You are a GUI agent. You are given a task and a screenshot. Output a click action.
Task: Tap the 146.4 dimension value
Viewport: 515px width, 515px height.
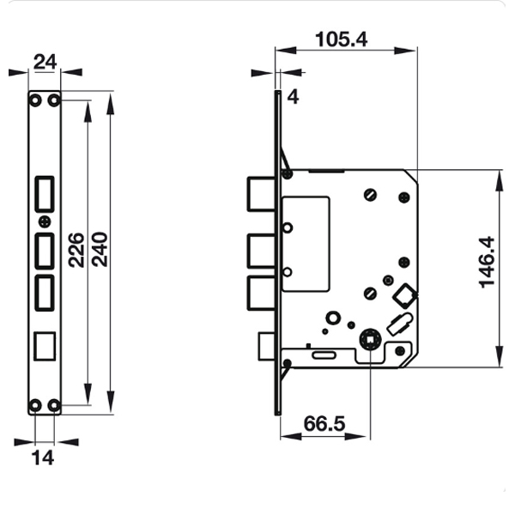click(x=487, y=262)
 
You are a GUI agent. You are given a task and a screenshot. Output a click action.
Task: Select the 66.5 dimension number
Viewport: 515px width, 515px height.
click(x=325, y=422)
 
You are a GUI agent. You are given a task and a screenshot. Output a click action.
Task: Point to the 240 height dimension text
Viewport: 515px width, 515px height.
click(x=100, y=250)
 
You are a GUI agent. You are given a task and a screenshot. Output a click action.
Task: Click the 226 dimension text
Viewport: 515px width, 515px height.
click(x=76, y=250)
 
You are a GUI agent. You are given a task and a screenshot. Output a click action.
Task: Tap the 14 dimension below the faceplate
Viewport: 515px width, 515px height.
click(x=43, y=457)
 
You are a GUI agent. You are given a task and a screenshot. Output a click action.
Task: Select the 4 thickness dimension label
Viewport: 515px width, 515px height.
click(x=293, y=96)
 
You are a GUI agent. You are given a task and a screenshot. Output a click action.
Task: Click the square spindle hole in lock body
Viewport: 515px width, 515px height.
click(x=369, y=341)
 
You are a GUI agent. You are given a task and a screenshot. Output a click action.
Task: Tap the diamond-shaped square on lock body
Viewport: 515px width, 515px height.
click(x=403, y=297)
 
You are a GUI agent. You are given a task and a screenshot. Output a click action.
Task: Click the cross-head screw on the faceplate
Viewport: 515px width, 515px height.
click(x=45, y=221)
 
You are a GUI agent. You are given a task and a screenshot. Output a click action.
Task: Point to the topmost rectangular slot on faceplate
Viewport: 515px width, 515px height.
click(x=45, y=192)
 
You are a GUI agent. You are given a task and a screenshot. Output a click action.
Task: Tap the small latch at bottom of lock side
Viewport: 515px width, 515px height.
click(x=266, y=347)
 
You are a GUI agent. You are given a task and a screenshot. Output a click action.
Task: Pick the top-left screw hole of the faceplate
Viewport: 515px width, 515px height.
click(x=35, y=101)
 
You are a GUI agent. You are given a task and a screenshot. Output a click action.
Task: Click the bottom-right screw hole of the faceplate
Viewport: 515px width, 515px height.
click(x=54, y=404)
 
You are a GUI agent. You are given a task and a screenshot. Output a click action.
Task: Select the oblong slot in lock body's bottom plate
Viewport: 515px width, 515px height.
click(x=324, y=354)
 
